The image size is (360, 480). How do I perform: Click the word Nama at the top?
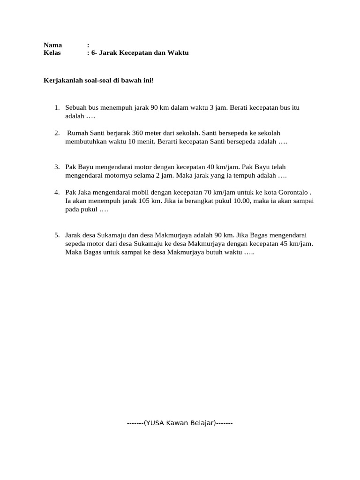coord(52,45)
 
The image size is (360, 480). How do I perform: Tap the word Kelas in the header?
coord(52,53)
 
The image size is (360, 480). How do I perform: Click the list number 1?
coord(56,108)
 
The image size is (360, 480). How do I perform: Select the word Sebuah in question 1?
coord(75,108)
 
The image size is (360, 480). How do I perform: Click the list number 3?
coord(56,167)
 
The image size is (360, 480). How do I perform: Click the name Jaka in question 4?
coord(83,193)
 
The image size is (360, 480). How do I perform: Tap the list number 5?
coord(56,235)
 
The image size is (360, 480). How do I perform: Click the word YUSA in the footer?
coord(152,423)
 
